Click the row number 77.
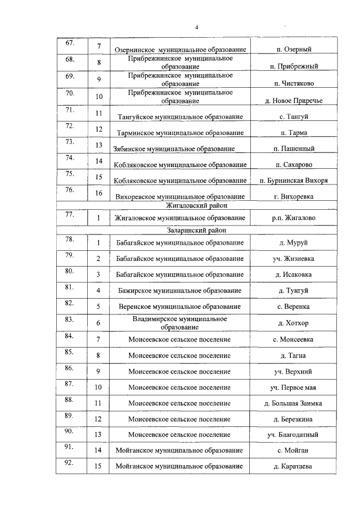pos(70,214)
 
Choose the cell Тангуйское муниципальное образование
pos(179,116)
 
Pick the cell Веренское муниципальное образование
pos(179,307)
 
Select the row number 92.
pos(70,463)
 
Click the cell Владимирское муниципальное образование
pos(179,322)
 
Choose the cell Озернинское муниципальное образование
pos(179,50)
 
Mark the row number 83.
pos(70,319)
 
